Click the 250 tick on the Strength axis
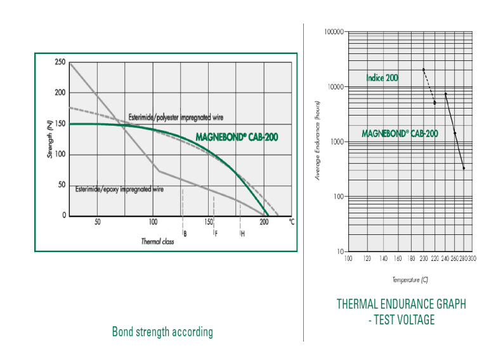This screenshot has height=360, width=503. (60, 62)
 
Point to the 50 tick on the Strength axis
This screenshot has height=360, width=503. (61, 185)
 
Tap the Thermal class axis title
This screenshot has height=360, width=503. (157, 242)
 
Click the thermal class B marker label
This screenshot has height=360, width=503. (185, 234)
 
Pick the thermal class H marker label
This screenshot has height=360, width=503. (243, 234)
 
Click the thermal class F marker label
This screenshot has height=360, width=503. (216, 234)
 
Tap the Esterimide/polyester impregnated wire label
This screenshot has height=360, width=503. (176, 117)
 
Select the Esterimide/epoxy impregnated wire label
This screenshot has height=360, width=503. (121, 189)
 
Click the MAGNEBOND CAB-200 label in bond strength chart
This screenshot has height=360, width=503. (236, 137)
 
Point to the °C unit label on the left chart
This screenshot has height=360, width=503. (291, 222)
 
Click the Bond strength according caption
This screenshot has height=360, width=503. (162, 331)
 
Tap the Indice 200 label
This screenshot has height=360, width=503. (382, 78)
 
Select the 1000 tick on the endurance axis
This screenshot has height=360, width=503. (336, 142)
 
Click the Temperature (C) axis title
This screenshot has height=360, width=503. (410, 279)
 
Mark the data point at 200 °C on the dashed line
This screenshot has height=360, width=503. (423, 70)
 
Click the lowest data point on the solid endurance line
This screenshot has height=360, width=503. (464, 168)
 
